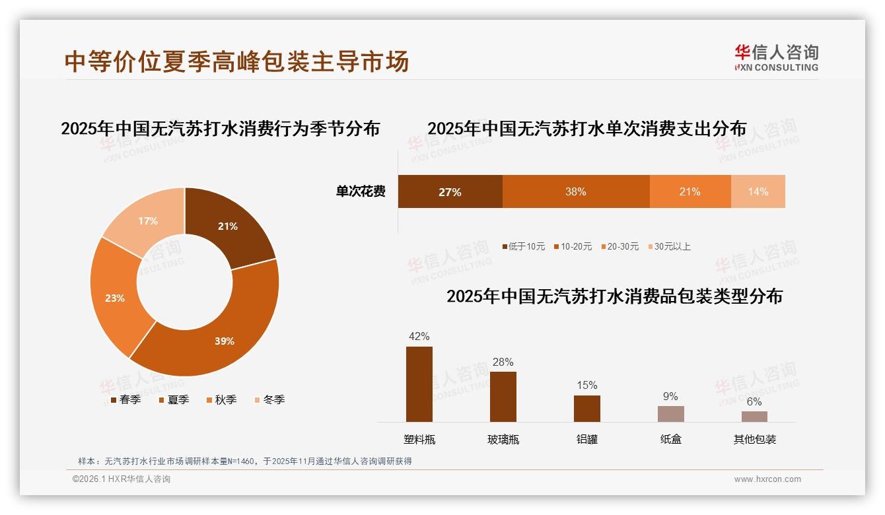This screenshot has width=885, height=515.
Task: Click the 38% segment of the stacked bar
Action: [575, 191]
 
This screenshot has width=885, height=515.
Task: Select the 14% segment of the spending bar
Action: [758, 191]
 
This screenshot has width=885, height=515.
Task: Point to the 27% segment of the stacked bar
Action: [450, 191]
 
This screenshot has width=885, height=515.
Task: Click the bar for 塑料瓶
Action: [419, 384]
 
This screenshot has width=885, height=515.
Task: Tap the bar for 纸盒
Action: [670, 413]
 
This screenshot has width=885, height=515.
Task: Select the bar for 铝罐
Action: [586, 408]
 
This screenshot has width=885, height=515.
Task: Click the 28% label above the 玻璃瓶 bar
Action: [503, 362]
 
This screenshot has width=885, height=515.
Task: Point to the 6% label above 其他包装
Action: [754, 401]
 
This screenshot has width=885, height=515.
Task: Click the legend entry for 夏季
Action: [174, 399]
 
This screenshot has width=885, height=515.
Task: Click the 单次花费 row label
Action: [361, 191]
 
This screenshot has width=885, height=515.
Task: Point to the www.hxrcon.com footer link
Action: [767, 479]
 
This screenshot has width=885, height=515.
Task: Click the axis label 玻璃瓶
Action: [503, 439]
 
